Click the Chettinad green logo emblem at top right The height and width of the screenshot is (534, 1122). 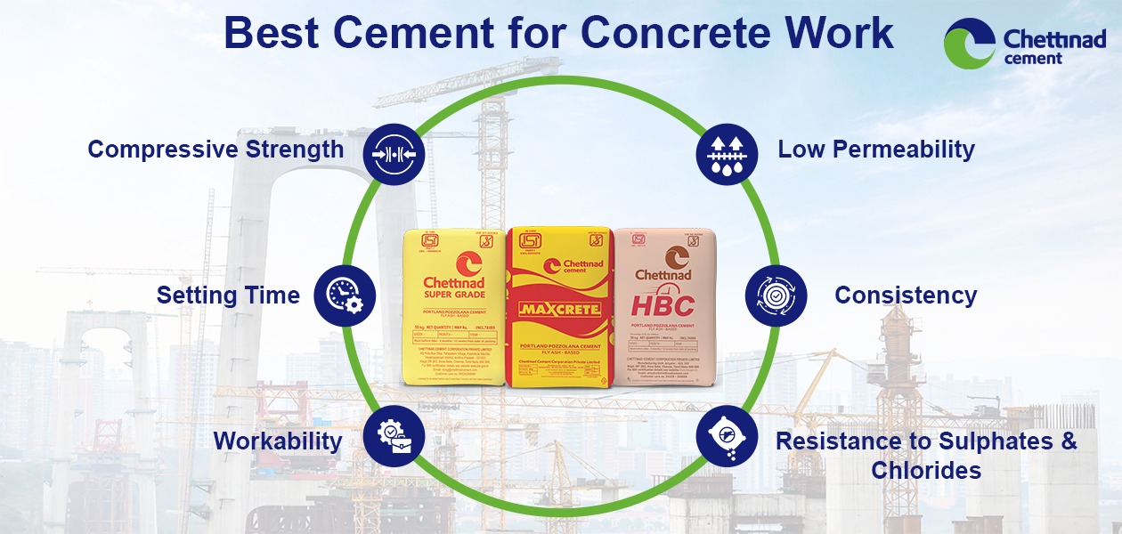tap(970, 44)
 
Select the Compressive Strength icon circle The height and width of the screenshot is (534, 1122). tap(394, 153)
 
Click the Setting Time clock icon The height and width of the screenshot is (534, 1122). tap(345, 295)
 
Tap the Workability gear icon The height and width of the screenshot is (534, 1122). tap(394, 437)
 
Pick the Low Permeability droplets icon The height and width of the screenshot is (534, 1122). tap(727, 153)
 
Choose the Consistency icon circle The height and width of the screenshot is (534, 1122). tap(776, 295)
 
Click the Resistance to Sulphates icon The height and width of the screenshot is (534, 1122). tap(727, 436)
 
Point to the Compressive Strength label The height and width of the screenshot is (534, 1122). tap(215, 150)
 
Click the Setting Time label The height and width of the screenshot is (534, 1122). tap(228, 295)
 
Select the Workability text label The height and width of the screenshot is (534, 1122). tap(278, 441)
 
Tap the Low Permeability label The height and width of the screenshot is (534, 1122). tap(876, 150)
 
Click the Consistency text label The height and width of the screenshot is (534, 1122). tap(906, 295)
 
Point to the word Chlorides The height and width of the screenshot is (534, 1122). tap(926, 470)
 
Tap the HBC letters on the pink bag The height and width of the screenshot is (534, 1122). tap(663, 306)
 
